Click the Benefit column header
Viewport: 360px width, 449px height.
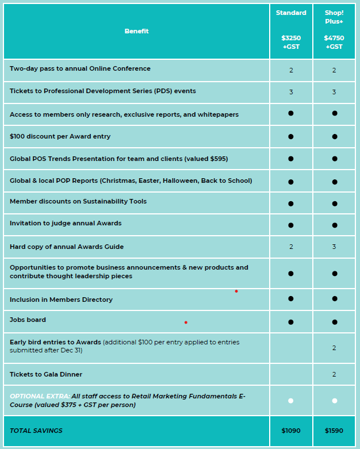coord(136,31)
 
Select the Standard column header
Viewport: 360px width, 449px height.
coord(291,13)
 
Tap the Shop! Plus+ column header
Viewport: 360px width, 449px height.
coord(334,17)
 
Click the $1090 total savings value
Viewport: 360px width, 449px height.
coord(291,430)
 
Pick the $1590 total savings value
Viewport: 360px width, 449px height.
coord(334,430)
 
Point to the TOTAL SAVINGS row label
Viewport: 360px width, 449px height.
coord(36,431)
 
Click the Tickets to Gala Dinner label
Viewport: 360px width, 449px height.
coord(46,374)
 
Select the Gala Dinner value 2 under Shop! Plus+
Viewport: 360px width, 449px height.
coord(334,374)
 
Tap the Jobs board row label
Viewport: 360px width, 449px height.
coord(28,320)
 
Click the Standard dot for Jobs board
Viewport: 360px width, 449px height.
coord(291,322)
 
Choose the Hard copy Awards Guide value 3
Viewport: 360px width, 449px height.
coord(334,247)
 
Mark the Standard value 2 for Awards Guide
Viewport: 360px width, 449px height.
coord(291,247)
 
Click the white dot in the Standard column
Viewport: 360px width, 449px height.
coord(291,401)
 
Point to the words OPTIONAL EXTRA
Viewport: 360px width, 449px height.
coord(40,396)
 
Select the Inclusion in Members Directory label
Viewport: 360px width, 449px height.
coord(61,300)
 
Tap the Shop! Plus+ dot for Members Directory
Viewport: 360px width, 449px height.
coord(334,299)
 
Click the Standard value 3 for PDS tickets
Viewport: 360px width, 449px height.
coord(291,92)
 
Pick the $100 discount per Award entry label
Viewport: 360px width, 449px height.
coord(60,136)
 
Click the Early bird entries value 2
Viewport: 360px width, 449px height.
coord(334,348)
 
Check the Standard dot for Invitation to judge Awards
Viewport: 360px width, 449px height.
coord(291,225)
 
